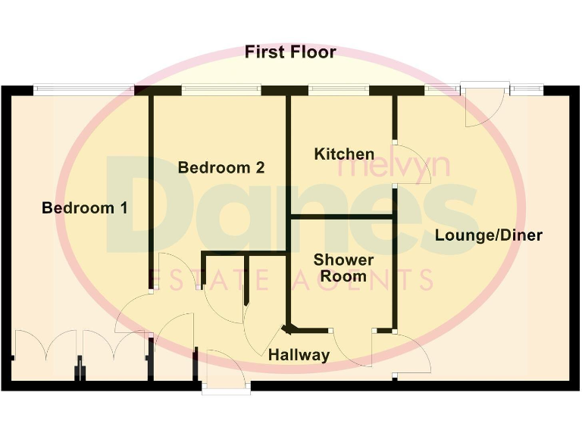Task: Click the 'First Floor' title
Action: [290, 52]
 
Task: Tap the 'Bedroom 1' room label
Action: [84, 207]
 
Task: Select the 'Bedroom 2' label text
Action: [221, 167]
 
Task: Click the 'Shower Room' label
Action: [343, 269]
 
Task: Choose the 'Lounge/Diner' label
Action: [488, 235]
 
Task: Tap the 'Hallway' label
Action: [299, 355]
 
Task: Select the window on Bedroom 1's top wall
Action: [83, 90]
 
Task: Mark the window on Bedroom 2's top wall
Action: [221, 90]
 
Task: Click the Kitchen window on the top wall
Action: [339, 90]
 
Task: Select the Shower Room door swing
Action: [351, 349]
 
